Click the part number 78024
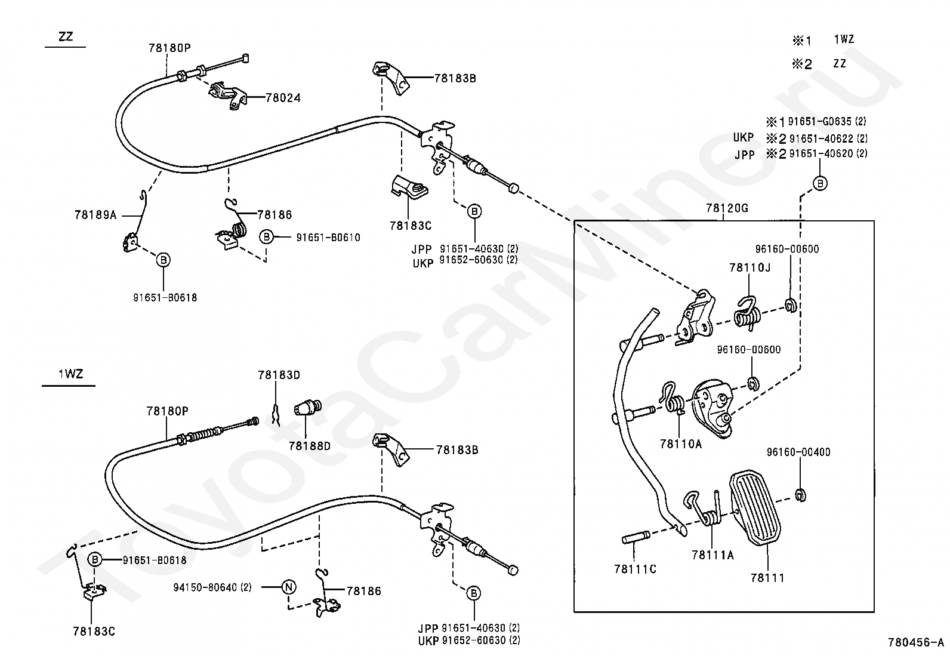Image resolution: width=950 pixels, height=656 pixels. [283, 98]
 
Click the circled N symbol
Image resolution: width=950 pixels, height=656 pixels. [288, 587]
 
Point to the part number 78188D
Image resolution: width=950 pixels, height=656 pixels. [309, 446]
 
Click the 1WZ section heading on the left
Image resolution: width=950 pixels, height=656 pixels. [70, 375]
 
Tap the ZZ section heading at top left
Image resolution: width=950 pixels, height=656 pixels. [66, 36]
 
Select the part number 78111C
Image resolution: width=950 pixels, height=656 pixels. [635, 569]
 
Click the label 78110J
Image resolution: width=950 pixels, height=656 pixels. [749, 268]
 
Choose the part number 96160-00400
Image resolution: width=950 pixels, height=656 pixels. [798, 452]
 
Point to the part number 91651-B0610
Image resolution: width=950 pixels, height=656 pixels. [328, 238]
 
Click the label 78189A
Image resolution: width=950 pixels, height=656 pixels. [95, 215]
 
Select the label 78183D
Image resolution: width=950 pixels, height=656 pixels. [279, 375]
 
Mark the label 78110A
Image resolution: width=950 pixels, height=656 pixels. [681, 444]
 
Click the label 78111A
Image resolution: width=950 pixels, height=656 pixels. [712, 555]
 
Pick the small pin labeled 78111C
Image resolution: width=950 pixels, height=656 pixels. [634, 540]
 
